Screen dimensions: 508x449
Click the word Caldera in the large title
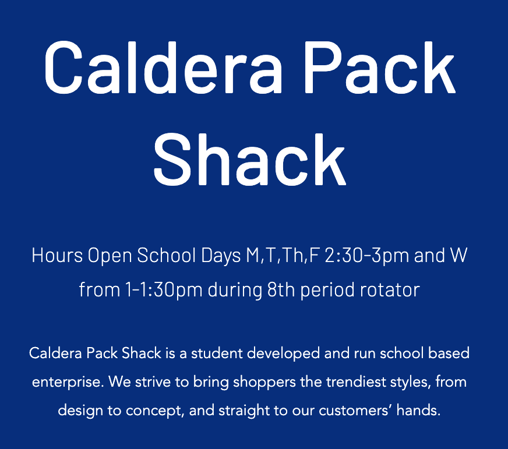[163, 68]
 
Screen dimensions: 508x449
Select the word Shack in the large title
[250, 159]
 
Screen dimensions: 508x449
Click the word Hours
[57, 255]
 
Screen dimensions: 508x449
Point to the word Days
[221, 255]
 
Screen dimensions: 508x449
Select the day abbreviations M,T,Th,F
[282, 256]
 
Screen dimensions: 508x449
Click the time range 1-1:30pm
[164, 290]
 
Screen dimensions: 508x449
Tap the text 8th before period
[281, 289]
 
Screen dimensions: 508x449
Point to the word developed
[284, 353]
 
